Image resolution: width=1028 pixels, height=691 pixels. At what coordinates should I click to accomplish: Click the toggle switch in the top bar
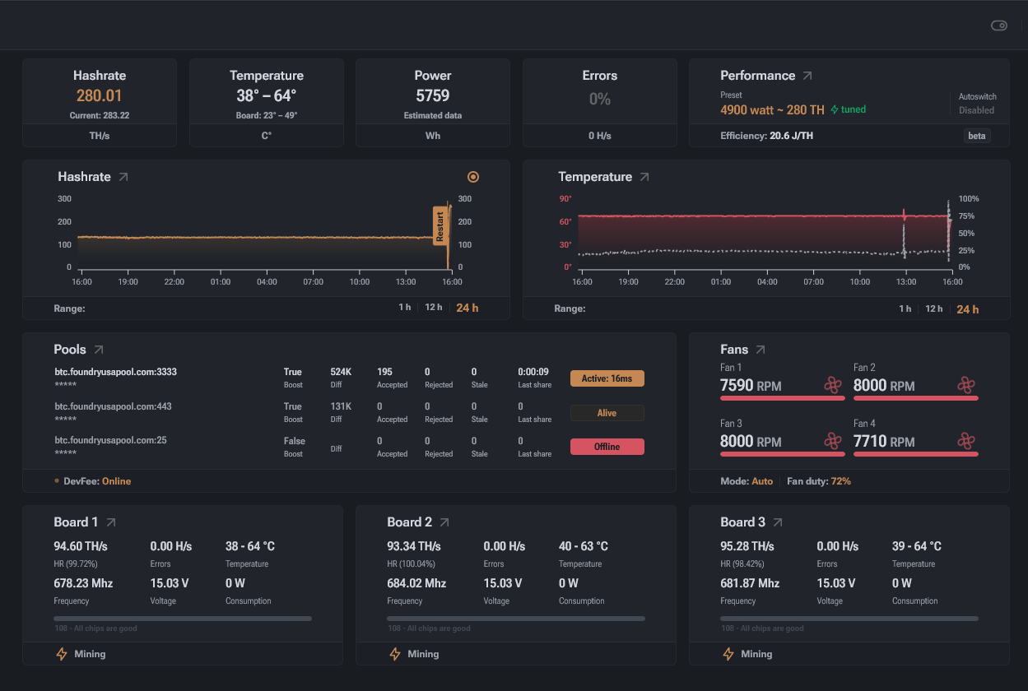point(999,26)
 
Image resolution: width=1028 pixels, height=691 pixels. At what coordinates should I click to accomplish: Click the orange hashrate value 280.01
point(99,95)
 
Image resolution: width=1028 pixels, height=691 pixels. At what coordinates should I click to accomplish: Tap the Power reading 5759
point(433,95)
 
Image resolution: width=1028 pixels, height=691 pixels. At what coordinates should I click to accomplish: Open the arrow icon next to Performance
point(807,76)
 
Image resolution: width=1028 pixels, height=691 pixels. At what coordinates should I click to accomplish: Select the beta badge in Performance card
point(977,136)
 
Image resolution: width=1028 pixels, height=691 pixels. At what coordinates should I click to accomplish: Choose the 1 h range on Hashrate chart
point(404,308)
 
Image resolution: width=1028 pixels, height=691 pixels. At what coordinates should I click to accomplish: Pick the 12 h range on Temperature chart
point(933,308)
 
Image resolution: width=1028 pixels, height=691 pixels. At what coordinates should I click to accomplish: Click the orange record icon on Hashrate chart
point(473,177)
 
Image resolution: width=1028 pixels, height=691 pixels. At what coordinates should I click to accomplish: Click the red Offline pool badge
point(607,447)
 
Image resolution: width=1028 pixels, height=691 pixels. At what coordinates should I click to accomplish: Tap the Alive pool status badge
point(607,413)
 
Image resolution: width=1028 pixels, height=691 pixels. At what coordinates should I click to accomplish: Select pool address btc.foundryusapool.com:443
point(114,406)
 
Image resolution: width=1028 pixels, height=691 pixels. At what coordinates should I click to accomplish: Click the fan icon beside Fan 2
point(966,384)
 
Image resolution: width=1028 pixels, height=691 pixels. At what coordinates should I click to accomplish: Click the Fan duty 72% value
point(840,481)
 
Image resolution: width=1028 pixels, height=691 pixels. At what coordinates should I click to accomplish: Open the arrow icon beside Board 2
point(444,522)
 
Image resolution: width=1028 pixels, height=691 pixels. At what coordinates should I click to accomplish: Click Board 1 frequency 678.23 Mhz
point(83,583)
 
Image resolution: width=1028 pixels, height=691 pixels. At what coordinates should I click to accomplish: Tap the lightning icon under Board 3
point(728,654)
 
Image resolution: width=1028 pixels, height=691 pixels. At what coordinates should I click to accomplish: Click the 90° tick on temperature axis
point(565,199)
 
